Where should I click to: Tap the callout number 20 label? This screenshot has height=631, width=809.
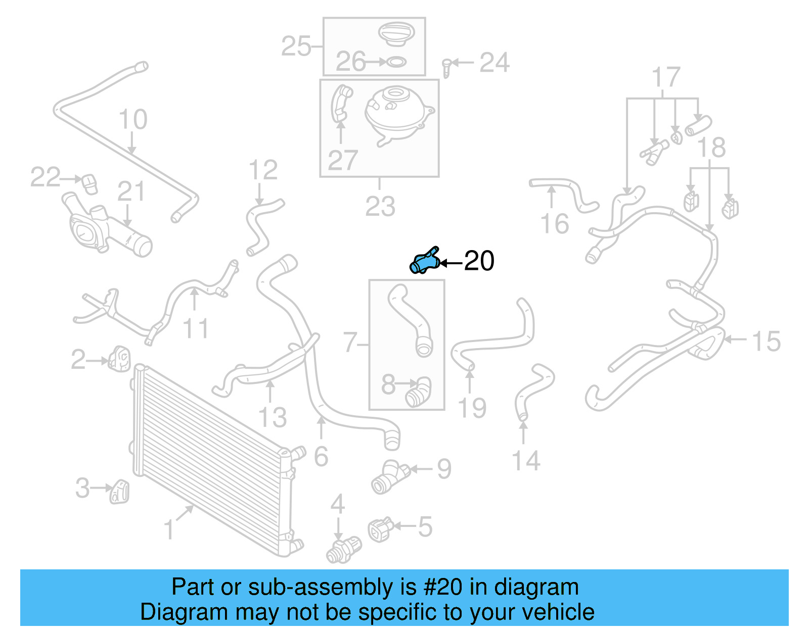point(479,261)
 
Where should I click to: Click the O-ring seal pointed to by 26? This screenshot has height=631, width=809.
point(396,62)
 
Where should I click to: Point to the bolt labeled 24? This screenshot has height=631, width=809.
point(446,67)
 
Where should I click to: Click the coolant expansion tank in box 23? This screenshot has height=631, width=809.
point(397,115)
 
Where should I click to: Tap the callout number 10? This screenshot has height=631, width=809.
point(133,120)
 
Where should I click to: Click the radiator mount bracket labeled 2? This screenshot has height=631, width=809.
point(119,358)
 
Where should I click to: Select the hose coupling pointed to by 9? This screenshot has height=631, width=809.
point(390,476)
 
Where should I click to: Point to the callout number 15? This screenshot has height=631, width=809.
point(766,342)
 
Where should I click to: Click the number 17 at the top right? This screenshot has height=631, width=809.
point(666,78)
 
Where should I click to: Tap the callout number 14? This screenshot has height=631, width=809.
point(526,461)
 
